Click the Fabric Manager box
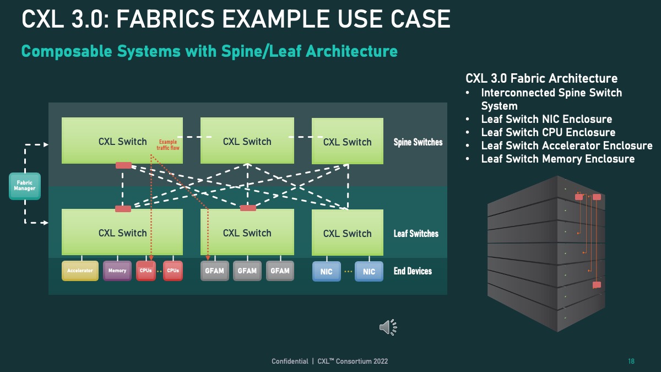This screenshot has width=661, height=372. point(25,186)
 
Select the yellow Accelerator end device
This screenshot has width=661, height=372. point(80,271)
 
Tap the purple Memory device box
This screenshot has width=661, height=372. point(117,271)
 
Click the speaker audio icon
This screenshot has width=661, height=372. point(388,327)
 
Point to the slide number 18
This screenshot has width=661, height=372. point(631,362)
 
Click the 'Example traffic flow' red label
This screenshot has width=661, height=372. point(168,144)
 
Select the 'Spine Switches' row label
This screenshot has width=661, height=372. point(418,142)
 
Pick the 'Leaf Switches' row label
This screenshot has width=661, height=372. point(416,234)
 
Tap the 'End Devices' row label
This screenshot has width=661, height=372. point(413,271)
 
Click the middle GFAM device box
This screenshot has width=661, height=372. point(247,271)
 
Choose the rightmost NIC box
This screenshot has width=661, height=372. point(369,271)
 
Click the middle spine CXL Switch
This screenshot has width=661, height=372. point(247,141)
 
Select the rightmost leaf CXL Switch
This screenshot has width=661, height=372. point(348,233)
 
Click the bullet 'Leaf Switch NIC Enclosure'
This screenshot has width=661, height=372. point(546,119)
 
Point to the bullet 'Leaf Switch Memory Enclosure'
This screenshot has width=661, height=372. point(557,159)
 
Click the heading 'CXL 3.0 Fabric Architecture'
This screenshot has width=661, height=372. point(541,78)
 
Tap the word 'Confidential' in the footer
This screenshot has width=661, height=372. point(290,362)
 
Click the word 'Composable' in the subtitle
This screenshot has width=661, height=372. point(67,51)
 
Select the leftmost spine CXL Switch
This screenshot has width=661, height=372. point(122,141)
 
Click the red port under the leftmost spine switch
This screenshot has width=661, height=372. point(123,165)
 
